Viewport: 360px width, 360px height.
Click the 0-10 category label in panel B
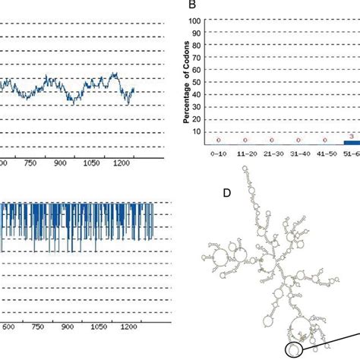[x=219, y=153]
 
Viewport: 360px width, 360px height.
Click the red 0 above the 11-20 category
[x=245, y=141]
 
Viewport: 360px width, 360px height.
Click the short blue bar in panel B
[x=352, y=142]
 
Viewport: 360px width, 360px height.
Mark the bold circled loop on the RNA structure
[x=294, y=349]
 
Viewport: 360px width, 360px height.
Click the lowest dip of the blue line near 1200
[x=127, y=103]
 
